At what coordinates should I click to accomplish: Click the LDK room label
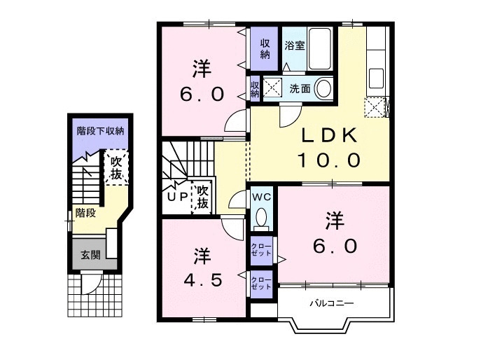[330, 134]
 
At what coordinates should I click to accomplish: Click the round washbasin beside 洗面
[323, 88]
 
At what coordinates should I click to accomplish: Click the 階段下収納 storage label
[100, 130]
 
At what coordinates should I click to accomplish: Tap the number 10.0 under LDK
[329, 160]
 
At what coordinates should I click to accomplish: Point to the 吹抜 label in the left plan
[116, 167]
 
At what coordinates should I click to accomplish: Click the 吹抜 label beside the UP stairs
[203, 197]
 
